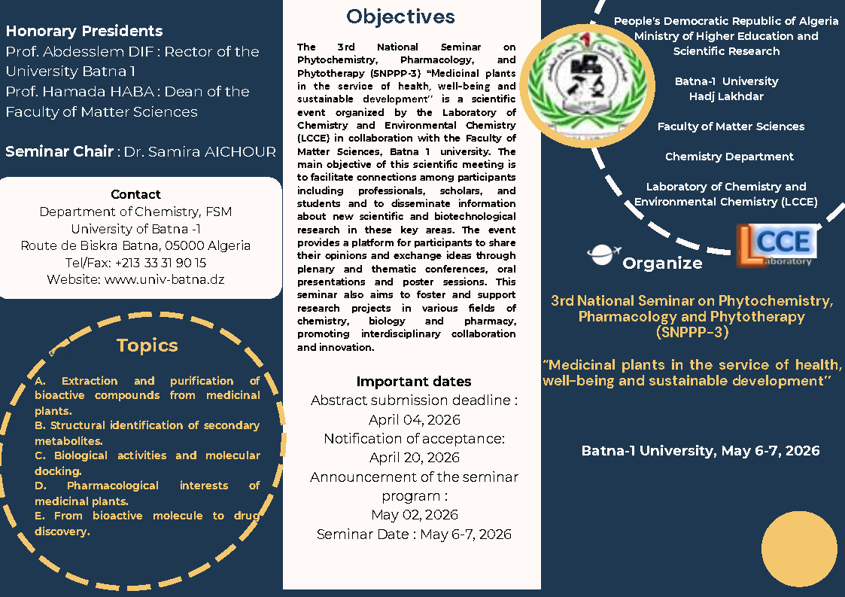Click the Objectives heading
point(400,17)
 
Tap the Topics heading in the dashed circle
point(147,346)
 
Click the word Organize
point(662,263)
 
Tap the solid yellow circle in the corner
point(799,549)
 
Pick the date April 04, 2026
point(414,420)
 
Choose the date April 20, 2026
point(414,458)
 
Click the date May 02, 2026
point(414,515)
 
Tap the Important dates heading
point(414,381)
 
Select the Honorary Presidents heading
point(84,31)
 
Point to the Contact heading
point(135,194)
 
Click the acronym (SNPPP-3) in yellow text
point(692,331)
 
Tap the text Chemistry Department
point(729,157)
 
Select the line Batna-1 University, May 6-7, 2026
point(700,451)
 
